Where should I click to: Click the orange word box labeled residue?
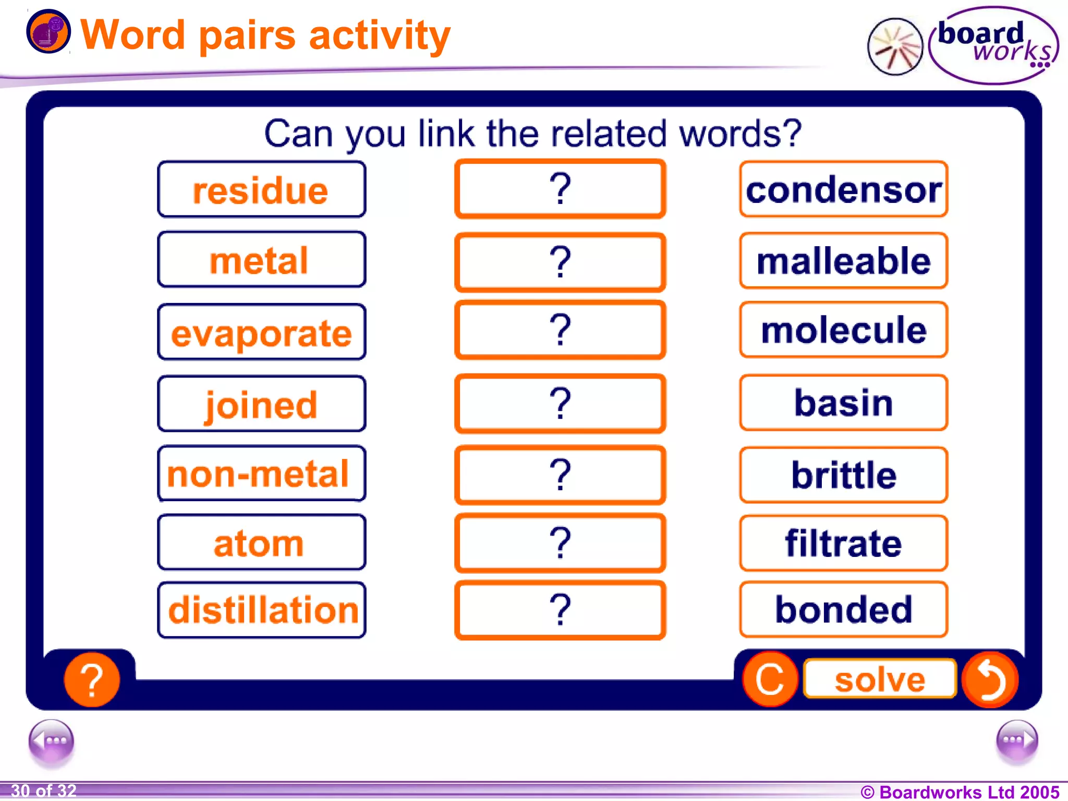(261, 189)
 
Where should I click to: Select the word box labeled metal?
(261, 260)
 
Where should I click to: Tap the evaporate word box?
(261, 332)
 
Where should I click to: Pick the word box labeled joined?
(261, 404)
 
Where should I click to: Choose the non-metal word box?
(261, 474)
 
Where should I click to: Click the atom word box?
(261, 542)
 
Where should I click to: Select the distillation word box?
(261, 610)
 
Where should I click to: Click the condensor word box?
(843, 189)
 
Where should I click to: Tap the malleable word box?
(843, 260)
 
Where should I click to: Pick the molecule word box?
(843, 330)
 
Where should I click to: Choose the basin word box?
(843, 403)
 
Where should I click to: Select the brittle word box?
(843, 475)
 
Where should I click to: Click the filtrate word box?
(843, 543)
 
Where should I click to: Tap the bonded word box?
(843, 609)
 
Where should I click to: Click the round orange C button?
(770, 679)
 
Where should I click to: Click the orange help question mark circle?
(92, 679)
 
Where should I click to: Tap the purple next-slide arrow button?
(1016, 740)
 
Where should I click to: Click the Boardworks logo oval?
(993, 45)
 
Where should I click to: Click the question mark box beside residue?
(560, 189)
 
